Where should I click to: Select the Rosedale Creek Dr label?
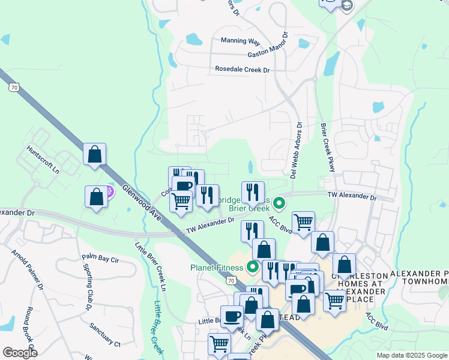tap(243, 70)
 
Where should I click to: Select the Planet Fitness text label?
tap(214, 268)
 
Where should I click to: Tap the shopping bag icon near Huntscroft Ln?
tap(95, 154)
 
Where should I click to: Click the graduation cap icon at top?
tap(346, 5)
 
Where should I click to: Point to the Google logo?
tap(20, 353)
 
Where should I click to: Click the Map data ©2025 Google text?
tap(411, 355)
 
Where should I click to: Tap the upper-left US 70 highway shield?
tap(13, 88)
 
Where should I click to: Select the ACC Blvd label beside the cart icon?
tap(280, 225)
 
